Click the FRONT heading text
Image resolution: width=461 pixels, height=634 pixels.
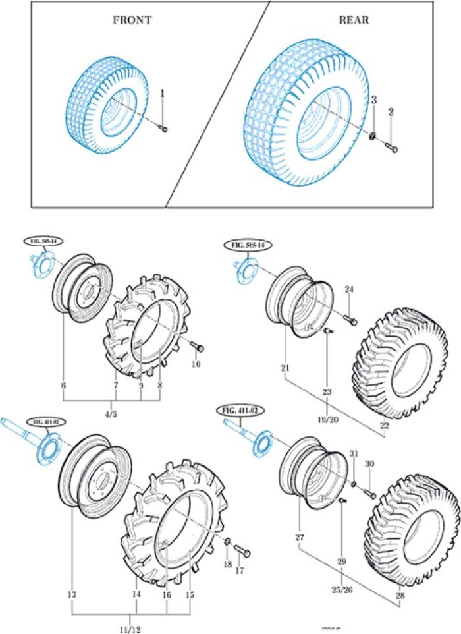(132, 20)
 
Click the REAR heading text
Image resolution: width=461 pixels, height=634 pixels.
(354, 20)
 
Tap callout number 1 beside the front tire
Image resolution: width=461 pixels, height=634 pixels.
(162, 94)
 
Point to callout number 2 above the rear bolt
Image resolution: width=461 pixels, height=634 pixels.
(391, 113)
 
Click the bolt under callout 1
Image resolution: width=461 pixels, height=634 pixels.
(164, 129)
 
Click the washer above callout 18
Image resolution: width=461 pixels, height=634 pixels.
(227, 542)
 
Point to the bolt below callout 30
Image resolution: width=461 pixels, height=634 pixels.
(369, 492)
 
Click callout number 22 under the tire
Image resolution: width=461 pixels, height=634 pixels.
(385, 425)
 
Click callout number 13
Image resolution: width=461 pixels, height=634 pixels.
(71, 594)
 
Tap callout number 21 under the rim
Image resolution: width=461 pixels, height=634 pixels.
(285, 366)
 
